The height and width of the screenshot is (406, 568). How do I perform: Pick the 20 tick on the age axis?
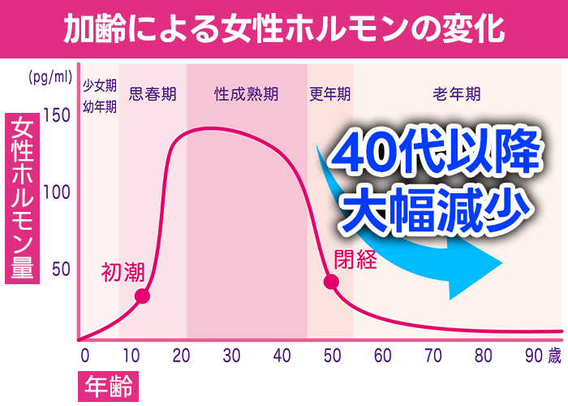coord(181,356)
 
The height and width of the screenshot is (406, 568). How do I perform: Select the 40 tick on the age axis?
coord(282,356)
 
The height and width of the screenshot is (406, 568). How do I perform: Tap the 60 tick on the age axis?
coord(382,356)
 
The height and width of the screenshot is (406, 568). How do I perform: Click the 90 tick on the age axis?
coord(533,356)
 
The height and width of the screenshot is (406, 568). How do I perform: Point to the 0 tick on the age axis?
coord(84,356)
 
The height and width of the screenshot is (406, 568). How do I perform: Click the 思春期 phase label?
coord(153,93)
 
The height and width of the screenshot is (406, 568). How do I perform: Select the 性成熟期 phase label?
coord(246,93)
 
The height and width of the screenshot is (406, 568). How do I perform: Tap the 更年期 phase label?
coord(329,93)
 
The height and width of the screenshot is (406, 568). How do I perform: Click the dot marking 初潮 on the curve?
coord(141,296)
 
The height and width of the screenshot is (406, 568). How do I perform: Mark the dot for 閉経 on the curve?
coord(331,282)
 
